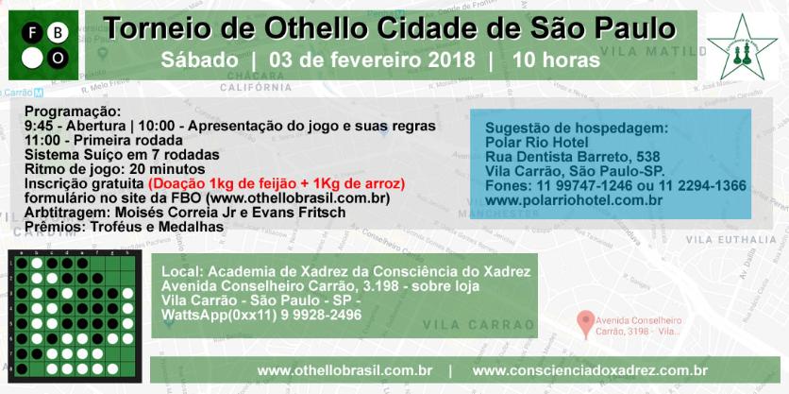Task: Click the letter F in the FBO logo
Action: (32, 34)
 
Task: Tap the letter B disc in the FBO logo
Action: (58, 34)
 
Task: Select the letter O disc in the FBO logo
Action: (58, 59)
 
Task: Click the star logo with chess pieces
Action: (742, 46)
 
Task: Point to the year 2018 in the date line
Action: (452, 60)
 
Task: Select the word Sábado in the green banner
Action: (200, 60)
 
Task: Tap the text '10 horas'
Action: (557, 60)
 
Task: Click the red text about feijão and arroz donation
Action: (277, 183)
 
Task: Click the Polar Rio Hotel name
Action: (537, 142)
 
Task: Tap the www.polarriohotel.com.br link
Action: (574, 200)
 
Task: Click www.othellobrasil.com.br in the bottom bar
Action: (344, 370)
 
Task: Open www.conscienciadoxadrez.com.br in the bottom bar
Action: (590, 370)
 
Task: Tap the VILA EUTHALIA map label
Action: (731, 240)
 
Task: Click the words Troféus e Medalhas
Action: (157, 227)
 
